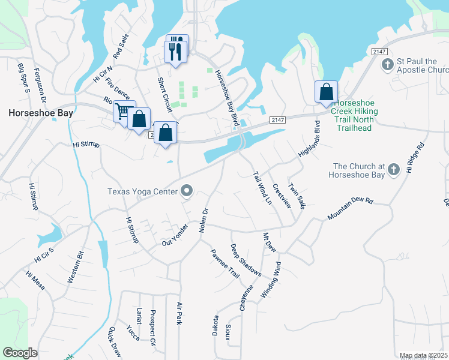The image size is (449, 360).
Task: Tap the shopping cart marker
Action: click(123, 111)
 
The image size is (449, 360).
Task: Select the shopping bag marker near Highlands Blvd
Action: click(326, 92)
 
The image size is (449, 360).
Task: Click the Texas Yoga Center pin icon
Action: click(186, 191)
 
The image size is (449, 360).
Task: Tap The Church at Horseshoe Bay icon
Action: click(393, 170)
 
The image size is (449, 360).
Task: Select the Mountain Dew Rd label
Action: click(351, 209)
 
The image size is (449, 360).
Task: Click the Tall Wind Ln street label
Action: click(262, 187)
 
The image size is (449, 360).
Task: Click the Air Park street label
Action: click(179, 313)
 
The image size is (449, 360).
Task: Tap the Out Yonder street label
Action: click(176, 234)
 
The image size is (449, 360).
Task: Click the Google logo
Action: click(20, 352)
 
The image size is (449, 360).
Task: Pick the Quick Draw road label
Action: click(115, 342)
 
